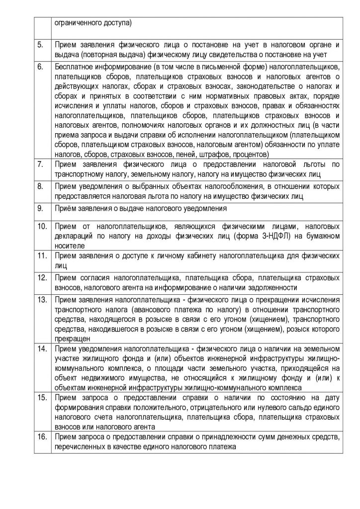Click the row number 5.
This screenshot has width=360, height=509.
pyautogui.click(x=39, y=44)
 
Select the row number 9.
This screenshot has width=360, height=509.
pyautogui.click(x=39, y=209)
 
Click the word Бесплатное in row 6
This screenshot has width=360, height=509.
pyautogui.click(x=73, y=66)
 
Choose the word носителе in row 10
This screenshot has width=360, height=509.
pyautogui.click(x=69, y=246)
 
